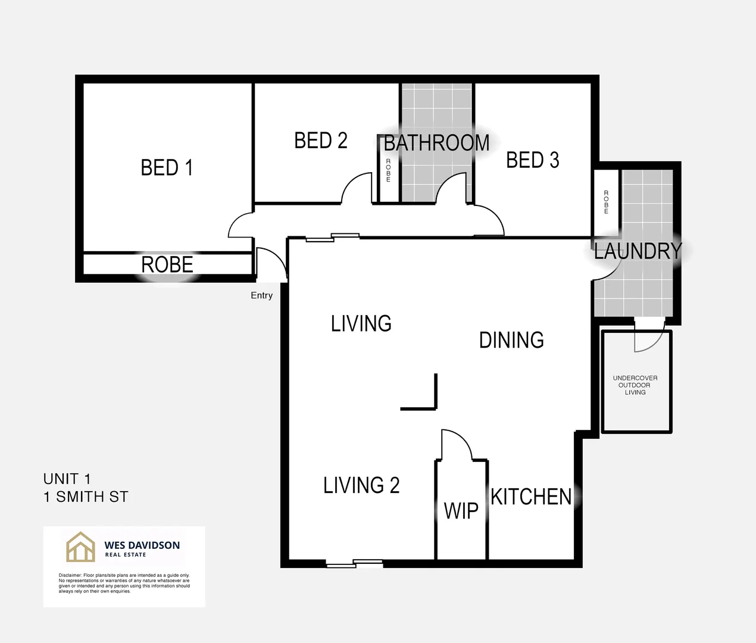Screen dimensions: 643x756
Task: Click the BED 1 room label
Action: [x=167, y=168]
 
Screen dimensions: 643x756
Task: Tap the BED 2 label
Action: [x=320, y=141]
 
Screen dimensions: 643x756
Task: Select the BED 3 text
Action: [x=532, y=160]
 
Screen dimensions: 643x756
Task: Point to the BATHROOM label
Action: [x=436, y=143]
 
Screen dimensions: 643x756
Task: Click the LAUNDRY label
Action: [x=638, y=251]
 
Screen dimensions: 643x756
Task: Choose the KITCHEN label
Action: [x=531, y=497]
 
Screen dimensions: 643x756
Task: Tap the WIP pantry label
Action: [x=461, y=511]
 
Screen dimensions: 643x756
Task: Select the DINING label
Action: [x=511, y=340]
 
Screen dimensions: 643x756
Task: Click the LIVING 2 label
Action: [x=361, y=485]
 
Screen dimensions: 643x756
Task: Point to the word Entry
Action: [x=261, y=295]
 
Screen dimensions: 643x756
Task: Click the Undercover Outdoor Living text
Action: [x=635, y=385]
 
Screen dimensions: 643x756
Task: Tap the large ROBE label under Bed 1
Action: [x=167, y=264]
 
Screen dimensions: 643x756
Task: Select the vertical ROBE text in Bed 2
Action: [x=388, y=170]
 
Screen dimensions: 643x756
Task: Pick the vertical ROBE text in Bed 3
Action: [x=606, y=202]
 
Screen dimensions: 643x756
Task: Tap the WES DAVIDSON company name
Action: [x=142, y=545]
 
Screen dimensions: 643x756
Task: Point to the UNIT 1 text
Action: [x=67, y=479]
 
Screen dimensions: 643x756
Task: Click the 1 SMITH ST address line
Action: [x=86, y=497]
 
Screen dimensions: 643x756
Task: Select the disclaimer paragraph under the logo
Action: [x=124, y=583]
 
